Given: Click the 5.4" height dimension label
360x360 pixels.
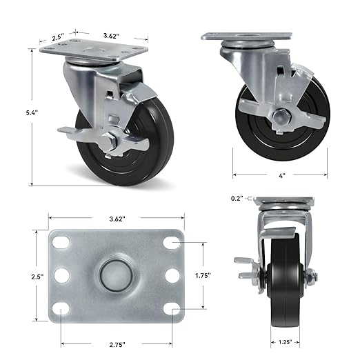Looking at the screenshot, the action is [32, 113].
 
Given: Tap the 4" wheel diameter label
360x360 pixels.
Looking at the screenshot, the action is [282, 176].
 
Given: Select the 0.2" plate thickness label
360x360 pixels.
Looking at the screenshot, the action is [237, 198].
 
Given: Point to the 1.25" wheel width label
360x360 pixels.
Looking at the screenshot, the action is [286, 342].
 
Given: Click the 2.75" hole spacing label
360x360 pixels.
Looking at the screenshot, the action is [117, 345].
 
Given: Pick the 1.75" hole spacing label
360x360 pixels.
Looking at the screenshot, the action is [203, 275].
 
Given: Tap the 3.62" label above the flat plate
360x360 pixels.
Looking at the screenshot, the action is [117, 219].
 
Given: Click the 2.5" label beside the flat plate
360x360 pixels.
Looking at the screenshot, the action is [38, 277].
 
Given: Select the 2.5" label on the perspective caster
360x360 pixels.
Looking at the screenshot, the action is [58, 37].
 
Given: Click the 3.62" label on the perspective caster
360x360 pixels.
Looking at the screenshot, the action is [111, 36].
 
